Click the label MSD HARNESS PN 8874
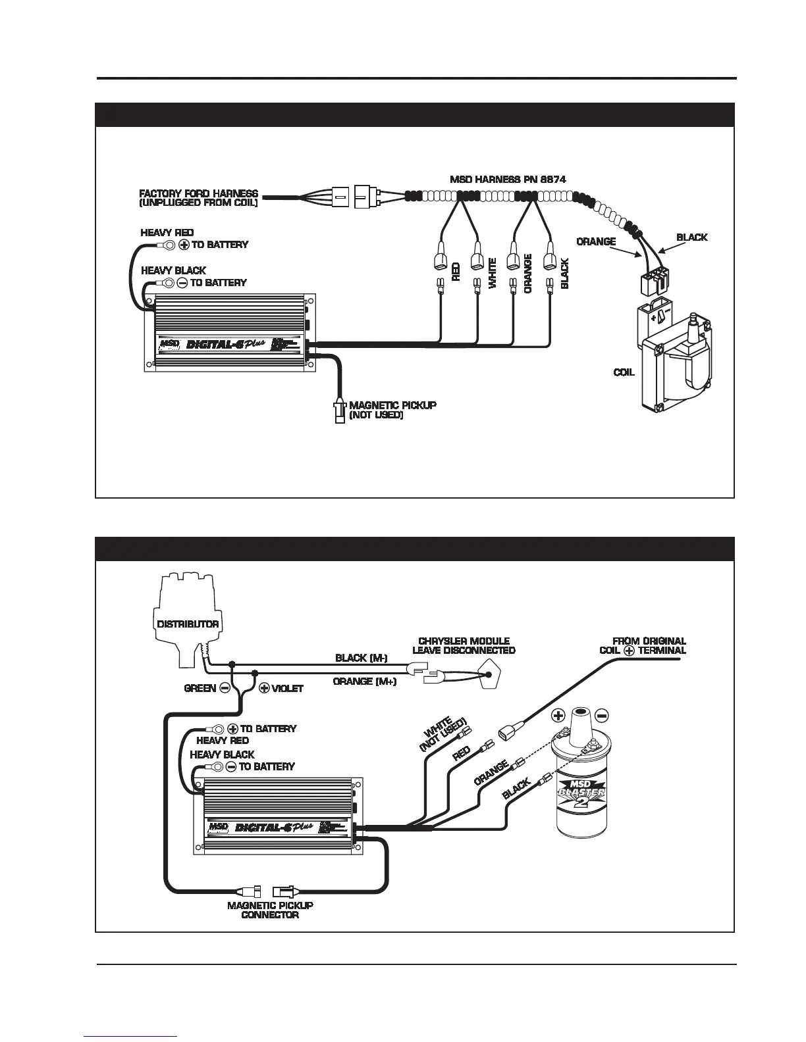click(x=508, y=179)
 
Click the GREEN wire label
click(x=200, y=688)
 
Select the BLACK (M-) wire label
click(x=362, y=658)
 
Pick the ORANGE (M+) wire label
click(x=365, y=682)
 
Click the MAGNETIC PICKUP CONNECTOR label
click(x=270, y=910)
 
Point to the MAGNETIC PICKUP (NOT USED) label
click(x=392, y=410)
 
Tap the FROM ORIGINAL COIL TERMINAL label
click(x=643, y=645)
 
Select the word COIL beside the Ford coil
click(x=624, y=372)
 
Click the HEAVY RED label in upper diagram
click(x=167, y=233)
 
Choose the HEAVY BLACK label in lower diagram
click(x=222, y=755)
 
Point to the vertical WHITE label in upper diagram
click(x=493, y=273)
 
